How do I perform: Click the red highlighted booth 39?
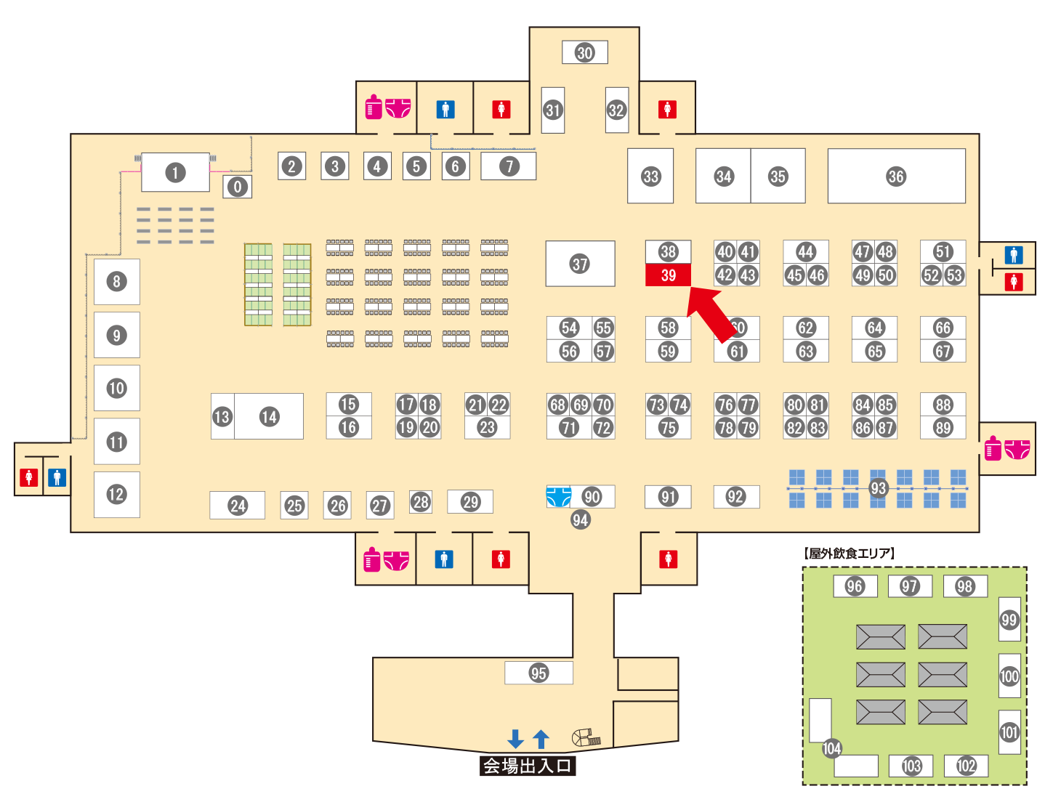[x=668, y=275]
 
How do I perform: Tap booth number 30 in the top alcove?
[x=584, y=52]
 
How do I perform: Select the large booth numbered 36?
[x=896, y=177]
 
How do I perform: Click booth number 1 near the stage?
[x=174, y=173]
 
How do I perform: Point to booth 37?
[x=580, y=264]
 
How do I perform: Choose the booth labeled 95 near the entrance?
[x=538, y=673]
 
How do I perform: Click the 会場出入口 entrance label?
[x=528, y=766]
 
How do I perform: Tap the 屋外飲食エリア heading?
[x=850, y=554]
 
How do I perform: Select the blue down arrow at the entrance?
[x=515, y=739]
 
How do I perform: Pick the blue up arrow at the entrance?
[x=541, y=739]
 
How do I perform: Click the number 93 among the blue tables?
[x=878, y=488]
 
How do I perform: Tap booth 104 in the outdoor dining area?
[x=831, y=748]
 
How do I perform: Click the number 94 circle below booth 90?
[x=580, y=519]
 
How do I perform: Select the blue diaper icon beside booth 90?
[x=558, y=497]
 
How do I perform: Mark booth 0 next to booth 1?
[x=237, y=187]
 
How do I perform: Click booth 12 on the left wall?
[x=116, y=495]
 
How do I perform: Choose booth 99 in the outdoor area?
[x=1009, y=620]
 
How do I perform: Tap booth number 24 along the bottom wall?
[x=238, y=506]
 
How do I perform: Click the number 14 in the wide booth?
[x=269, y=416]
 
